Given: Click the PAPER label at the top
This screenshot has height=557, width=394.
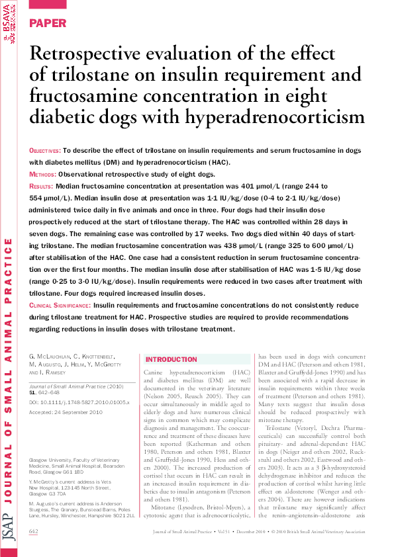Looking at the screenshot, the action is point(48,23).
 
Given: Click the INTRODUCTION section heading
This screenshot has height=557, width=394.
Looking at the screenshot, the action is point(172,359).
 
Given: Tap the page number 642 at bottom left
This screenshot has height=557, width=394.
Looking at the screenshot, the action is point(34,531).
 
